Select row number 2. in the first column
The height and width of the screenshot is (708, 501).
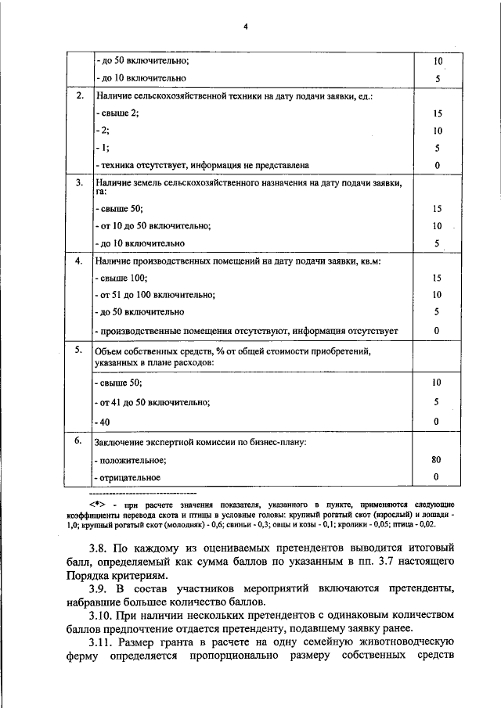tap(79, 95)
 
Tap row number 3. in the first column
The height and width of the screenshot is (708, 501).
tap(79, 183)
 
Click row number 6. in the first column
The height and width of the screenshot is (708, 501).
tap(79, 441)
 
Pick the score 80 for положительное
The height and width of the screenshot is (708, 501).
tap(437, 460)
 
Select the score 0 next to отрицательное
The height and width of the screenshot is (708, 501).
tap(437, 477)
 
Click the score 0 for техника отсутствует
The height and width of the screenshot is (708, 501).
tap(437, 165)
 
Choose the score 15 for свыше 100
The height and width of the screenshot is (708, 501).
tap(437, 278)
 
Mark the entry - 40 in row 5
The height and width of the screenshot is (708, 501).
tap(102, 422)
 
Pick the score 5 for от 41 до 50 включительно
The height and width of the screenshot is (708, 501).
tap(437, 402)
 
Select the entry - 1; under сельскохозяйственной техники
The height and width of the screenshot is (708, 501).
tap(102, 148)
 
